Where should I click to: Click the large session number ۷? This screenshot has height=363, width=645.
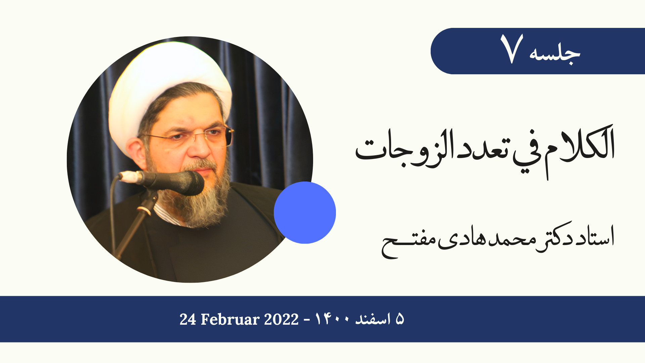pyautogui.click(x=511, y=49)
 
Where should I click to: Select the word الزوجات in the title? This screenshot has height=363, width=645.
pyautogui.click(x=405, y=150)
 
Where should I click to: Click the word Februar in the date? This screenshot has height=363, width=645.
pyautogui.click(x=230, y=319)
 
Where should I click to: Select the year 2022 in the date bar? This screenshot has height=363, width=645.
pyautogui.click(x=281, y=319)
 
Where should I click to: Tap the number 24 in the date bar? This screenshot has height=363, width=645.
pyautogui.click(x=188, y=319)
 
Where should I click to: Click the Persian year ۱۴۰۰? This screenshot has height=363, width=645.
pyautogui.click(x=332, y=319)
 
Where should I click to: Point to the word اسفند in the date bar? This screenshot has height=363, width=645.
pyautogui.click(x=373, y=319)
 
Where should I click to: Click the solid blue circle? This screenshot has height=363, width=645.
pyautogui.click(x=305, y=212)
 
